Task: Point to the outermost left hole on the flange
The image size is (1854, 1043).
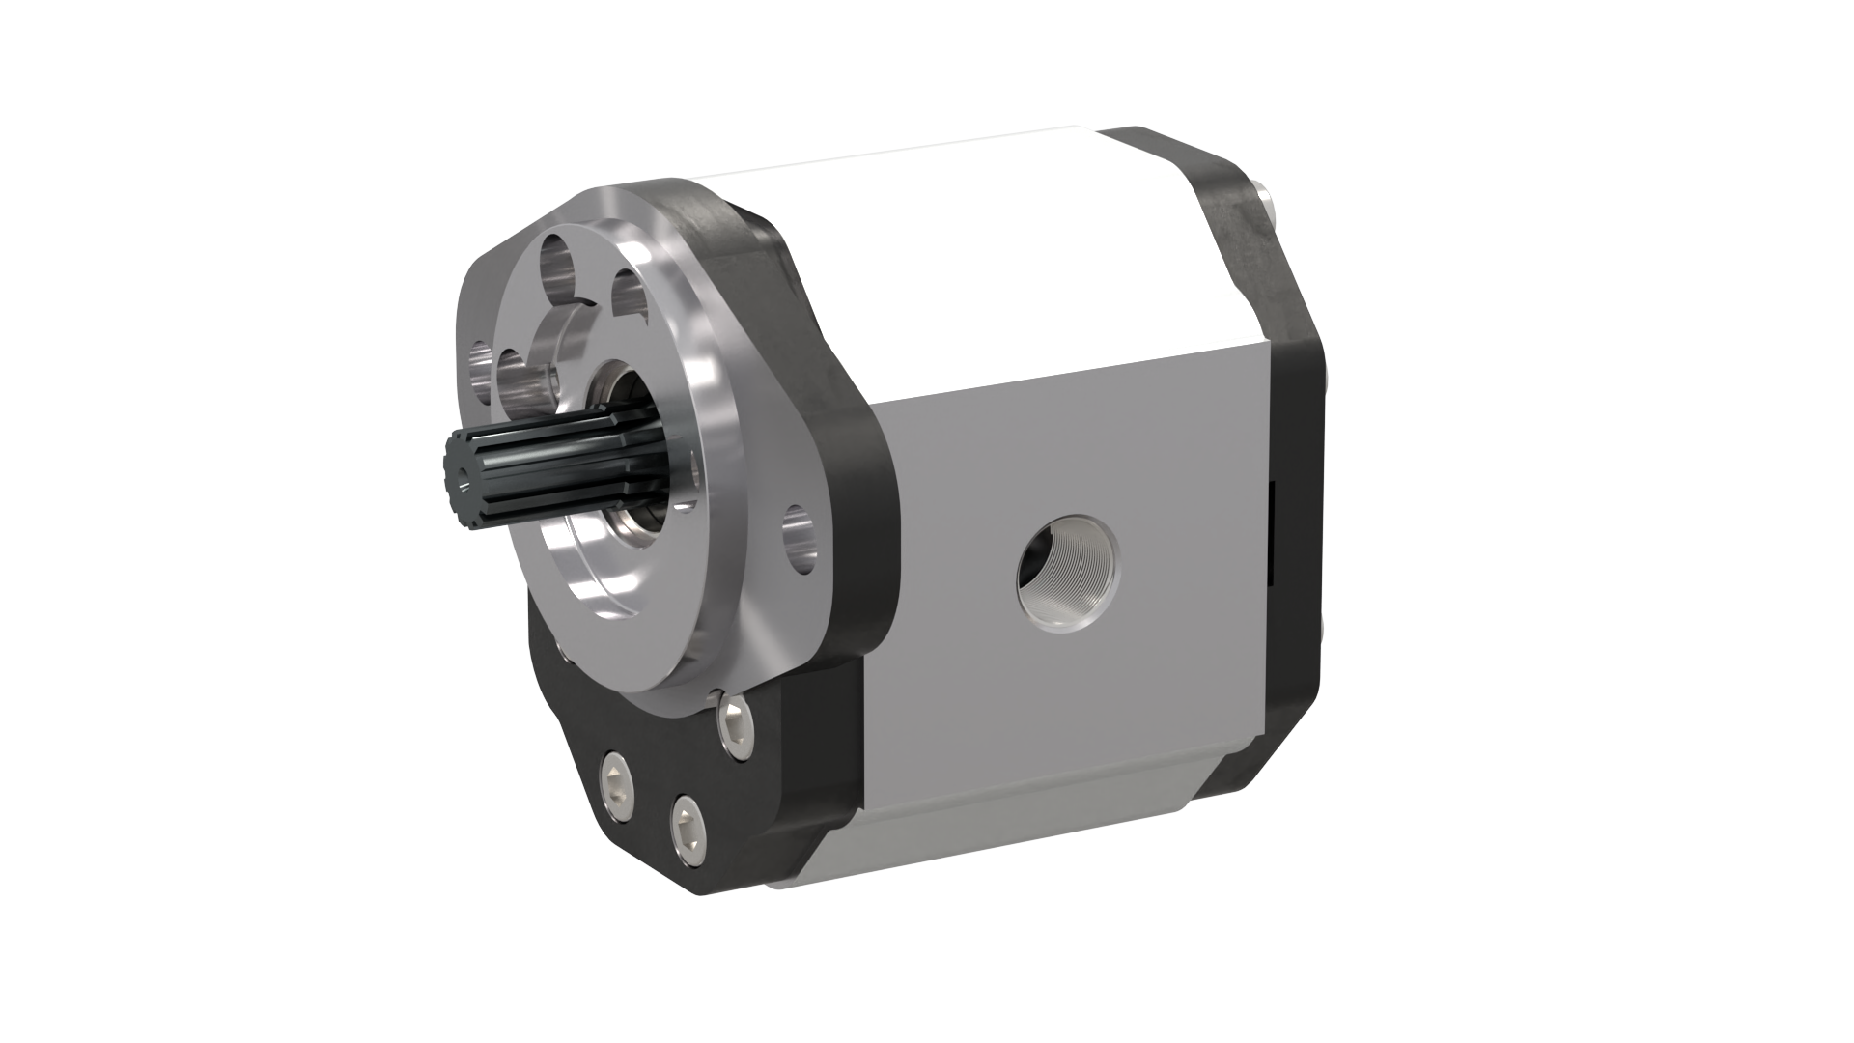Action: click(x=479, y=371)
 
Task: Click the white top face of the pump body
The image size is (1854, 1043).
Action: click(x=966, y=261)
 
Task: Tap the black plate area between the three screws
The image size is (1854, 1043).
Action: click(x=676, y=773)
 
